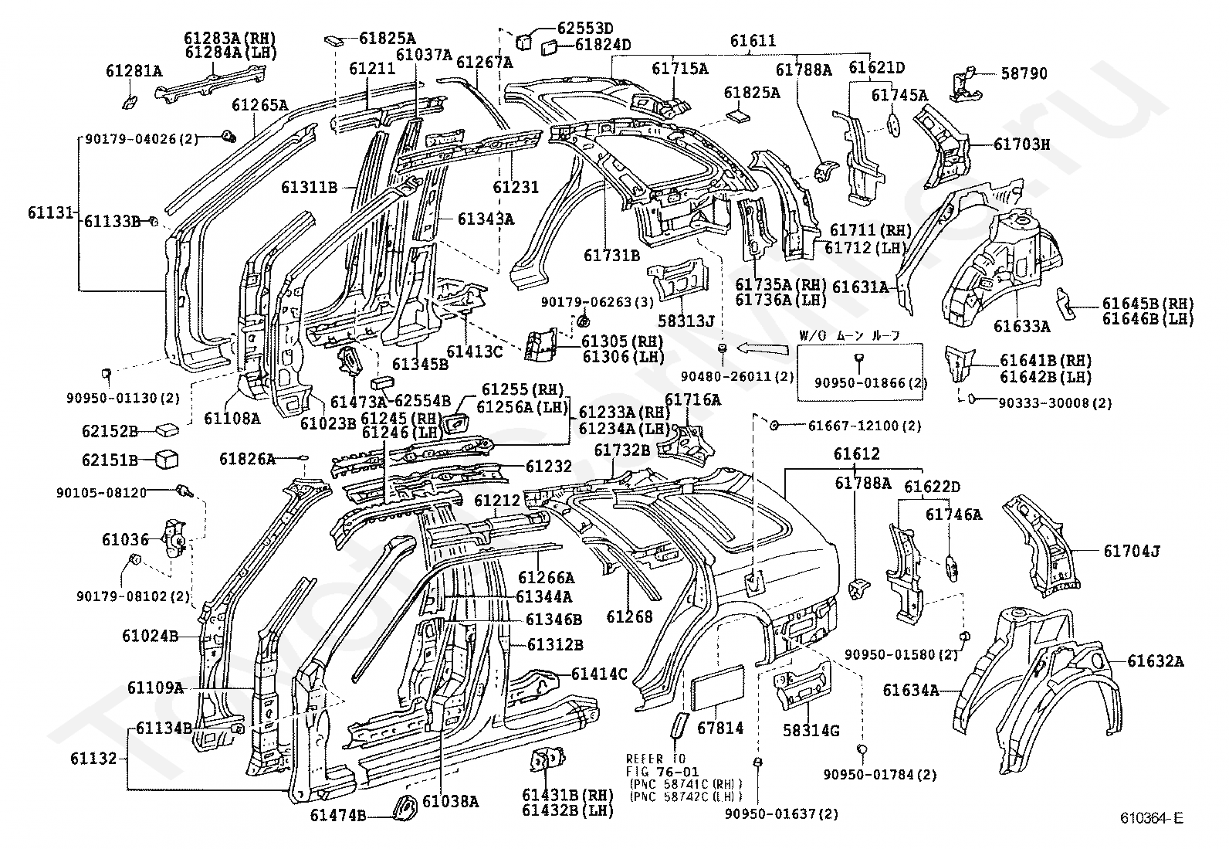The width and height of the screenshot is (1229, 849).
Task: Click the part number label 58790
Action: [1024, 73]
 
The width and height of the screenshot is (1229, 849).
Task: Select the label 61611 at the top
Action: [753, 41]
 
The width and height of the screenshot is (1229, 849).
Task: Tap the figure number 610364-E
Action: [1152, 817]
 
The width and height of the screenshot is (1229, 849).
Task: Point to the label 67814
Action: [720, 728]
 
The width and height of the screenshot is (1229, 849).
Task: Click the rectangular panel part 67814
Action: [718, 688]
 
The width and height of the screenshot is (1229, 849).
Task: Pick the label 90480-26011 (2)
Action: [737, 377]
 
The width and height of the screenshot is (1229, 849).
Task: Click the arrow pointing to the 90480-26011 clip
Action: [763, 348]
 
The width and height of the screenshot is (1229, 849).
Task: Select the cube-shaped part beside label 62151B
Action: [167, 459]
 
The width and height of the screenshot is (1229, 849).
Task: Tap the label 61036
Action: [125, 540]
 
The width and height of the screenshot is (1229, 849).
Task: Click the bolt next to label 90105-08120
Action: [185, 491]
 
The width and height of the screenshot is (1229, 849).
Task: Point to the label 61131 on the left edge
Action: [50, 212]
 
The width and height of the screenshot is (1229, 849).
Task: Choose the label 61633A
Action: [1021, 326]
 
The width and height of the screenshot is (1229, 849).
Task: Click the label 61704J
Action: [1132, 551]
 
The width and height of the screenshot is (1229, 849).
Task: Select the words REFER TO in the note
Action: [655, 759]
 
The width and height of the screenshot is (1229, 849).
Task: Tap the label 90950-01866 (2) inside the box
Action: [871, 382]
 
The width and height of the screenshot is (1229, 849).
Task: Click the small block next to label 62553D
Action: [524, 41]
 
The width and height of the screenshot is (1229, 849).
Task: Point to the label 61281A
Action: [134, 71]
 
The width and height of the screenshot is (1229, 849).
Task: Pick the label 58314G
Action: [811, 731]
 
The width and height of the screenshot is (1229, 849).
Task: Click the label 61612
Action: [856, 453]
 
